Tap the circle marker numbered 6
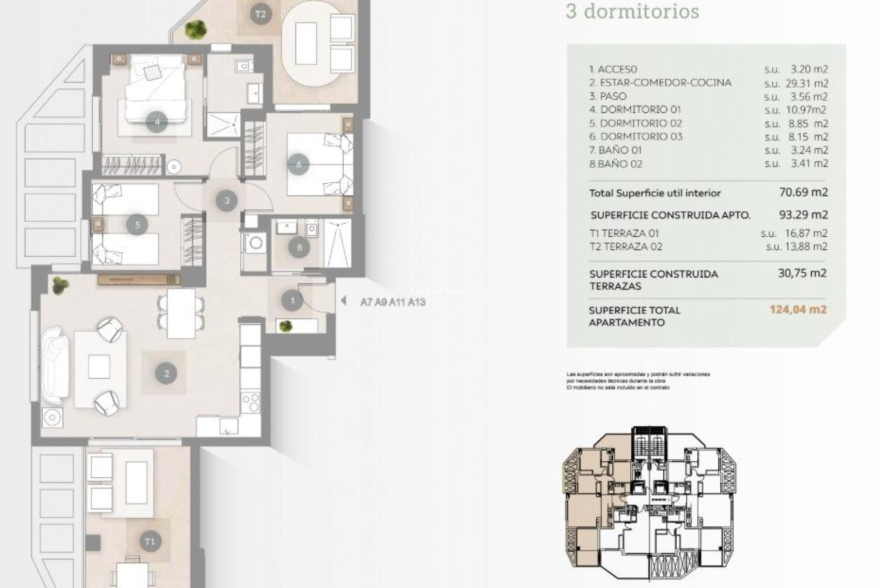(299, 164)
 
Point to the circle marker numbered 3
(227, 201)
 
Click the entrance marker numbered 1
(293, 301)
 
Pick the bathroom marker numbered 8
(300, 248)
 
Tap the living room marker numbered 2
(166, 373)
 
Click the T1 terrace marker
(150, 541)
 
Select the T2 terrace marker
(260, 14)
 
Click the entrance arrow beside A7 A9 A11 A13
(343, 301)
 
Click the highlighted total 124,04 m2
(798, 310)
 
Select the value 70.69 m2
(803, 192)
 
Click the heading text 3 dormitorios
(632, 11)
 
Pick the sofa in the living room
(55, 365)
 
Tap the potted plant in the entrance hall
(286, 326)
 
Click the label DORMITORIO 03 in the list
(641, 136)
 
